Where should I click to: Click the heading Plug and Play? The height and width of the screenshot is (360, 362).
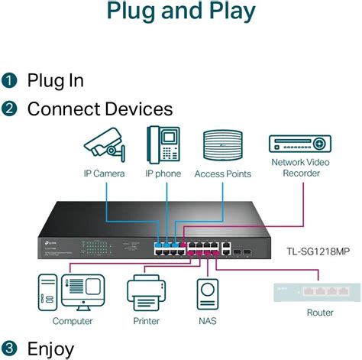tap(180, 11)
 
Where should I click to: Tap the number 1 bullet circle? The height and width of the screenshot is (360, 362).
tap(9, 80)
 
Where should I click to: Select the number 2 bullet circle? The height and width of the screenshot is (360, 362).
tap(9, 109)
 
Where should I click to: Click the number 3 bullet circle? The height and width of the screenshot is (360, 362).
tap(9, 349)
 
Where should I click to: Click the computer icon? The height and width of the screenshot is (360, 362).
tap(73, 293)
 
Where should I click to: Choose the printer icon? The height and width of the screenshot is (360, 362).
tap(146, 294)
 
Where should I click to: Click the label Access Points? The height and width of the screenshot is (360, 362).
tap(222, 174)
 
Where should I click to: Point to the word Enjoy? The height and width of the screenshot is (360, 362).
tap(51, 349)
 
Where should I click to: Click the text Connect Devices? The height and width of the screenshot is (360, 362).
tap(100, 109)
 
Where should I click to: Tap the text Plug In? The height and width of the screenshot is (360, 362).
tap(56, 80)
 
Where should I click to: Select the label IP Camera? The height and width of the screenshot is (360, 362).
tap(105, 174)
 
